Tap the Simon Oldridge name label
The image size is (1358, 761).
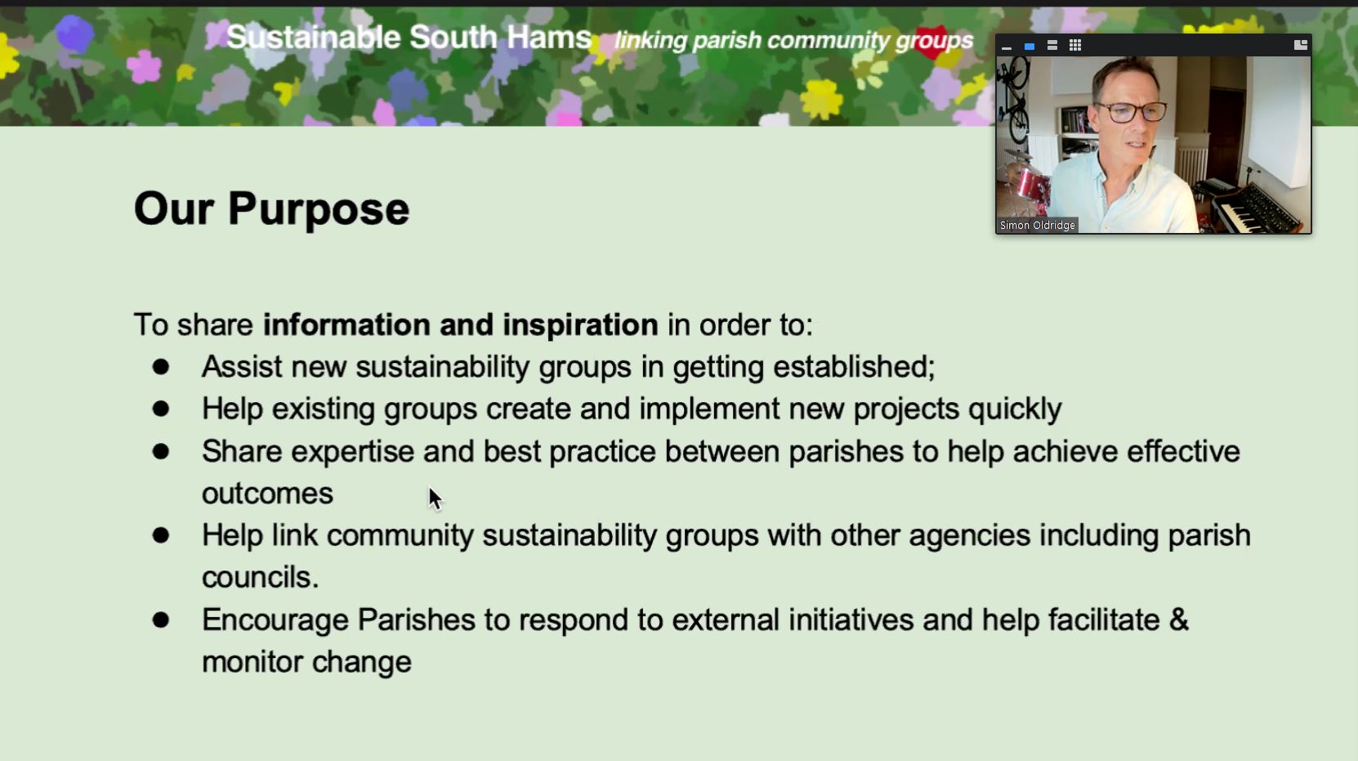[1038, 225]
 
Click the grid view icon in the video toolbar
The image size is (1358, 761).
[1075, 46]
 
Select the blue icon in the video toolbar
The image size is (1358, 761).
[1029, 46]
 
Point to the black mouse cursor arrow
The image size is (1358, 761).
[436, 499]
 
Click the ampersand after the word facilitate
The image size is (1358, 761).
[1178, 620]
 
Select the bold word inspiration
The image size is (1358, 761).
[580, 325]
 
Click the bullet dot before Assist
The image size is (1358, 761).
[161, 366]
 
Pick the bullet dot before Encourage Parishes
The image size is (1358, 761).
[161, 620]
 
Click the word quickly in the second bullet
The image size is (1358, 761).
[1015, 410]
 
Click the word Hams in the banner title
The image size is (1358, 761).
[548, 38]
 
